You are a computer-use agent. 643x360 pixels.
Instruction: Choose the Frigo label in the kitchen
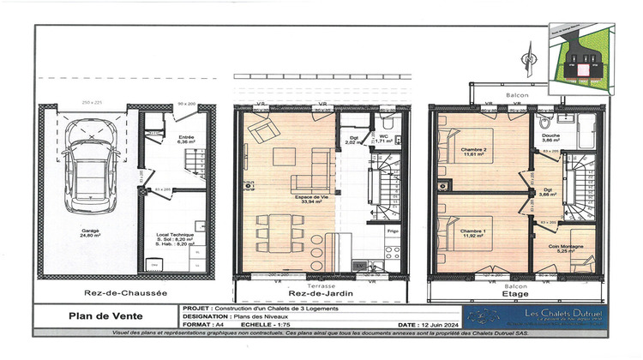tap(392, 231)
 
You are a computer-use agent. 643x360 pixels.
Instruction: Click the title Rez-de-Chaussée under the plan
tap(101, 291)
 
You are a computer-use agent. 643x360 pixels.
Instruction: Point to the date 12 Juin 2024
tap(445, 326)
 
